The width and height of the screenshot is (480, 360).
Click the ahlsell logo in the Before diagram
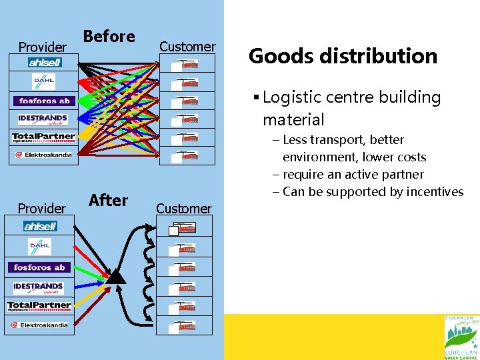[45, 63]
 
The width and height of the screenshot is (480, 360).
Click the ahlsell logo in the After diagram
[41, 226]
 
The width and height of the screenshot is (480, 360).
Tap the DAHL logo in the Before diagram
[43, 81]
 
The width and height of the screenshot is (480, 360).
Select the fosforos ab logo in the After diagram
[40, 267]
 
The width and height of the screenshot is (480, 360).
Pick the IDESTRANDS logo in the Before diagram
[43, 120]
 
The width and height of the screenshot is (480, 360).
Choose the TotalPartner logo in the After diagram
[39, 306]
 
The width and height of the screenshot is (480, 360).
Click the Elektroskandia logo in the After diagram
[39, 325]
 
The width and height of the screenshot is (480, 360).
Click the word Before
[109, 37]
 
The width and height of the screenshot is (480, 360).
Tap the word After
[108, 200]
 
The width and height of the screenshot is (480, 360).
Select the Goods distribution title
[343, 56]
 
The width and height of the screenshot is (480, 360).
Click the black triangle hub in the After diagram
[117, 277]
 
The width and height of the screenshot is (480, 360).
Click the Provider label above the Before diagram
[42, 47]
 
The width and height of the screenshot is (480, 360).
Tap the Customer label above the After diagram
[183, 209]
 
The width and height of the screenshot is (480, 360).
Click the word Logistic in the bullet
[292, 97]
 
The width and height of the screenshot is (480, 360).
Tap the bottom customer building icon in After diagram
[187, 327]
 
